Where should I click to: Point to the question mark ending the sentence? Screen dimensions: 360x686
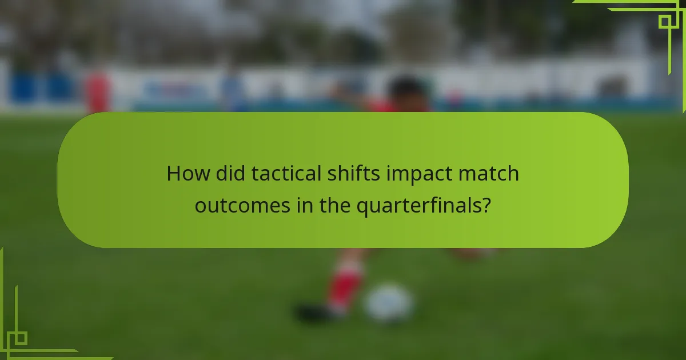point(486,205)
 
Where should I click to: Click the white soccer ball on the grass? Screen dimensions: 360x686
point(389,303)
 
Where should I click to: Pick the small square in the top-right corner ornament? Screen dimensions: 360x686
point(664,22)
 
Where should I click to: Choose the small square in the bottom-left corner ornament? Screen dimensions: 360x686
point(20,338)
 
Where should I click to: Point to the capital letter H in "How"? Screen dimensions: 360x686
point(173,174)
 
